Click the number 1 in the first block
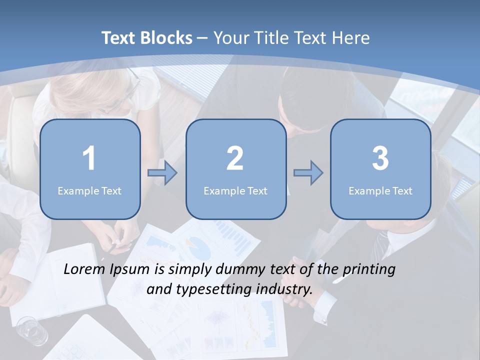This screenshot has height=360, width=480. (89, 158)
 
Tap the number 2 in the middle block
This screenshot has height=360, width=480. (235, 158)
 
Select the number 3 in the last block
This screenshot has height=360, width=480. (380, 158)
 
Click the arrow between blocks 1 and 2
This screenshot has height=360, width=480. (162, 173)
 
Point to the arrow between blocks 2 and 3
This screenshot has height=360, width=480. (308, 173)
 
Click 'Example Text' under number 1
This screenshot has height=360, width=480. (89, 190)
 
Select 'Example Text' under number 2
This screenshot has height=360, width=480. (235, 190)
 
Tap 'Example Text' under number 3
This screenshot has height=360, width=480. (380, 190)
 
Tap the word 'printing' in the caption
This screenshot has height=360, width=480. (368, 270)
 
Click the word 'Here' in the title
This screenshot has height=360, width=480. (352, 37)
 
